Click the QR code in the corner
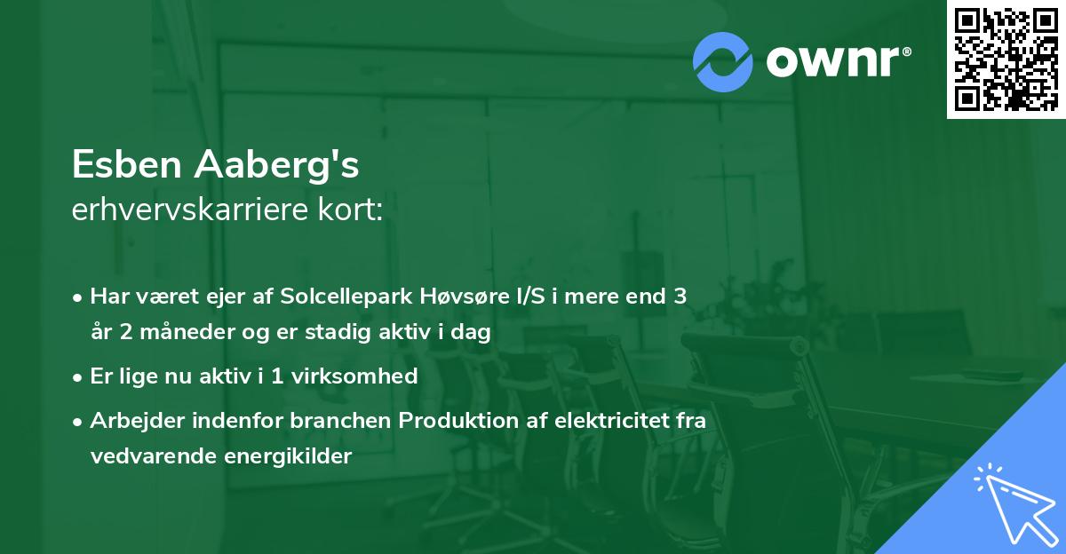pyautogui.click(x=1006, y=59)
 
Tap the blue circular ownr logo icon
pyautogui.click(x=723, y=61)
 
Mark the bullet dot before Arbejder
pyautogui.click(x=78, y=421)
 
